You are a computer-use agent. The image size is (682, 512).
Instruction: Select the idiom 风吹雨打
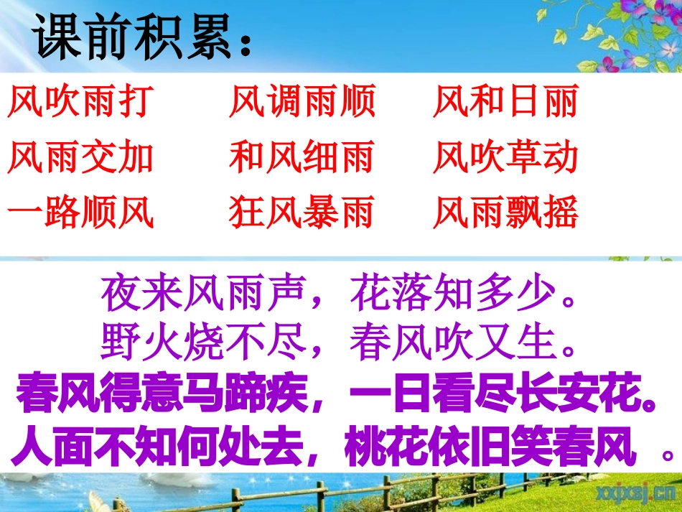coord(80,102)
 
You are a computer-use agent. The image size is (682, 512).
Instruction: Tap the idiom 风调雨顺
coord(302,102)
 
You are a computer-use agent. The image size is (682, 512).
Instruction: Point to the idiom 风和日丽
coord(506,102)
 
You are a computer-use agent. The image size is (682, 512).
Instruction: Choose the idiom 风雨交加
coord(80,157)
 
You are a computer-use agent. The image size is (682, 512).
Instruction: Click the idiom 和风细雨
coord(302,157)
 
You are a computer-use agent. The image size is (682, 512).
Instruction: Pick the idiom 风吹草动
coord(506,157)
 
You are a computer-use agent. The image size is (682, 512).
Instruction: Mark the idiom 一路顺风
coord(80,211)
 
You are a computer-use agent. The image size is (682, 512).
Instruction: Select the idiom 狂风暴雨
coord(302,211)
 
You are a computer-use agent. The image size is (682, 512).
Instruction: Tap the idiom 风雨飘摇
coord(506,211)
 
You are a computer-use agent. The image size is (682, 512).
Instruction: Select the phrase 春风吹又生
coord(452,342)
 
